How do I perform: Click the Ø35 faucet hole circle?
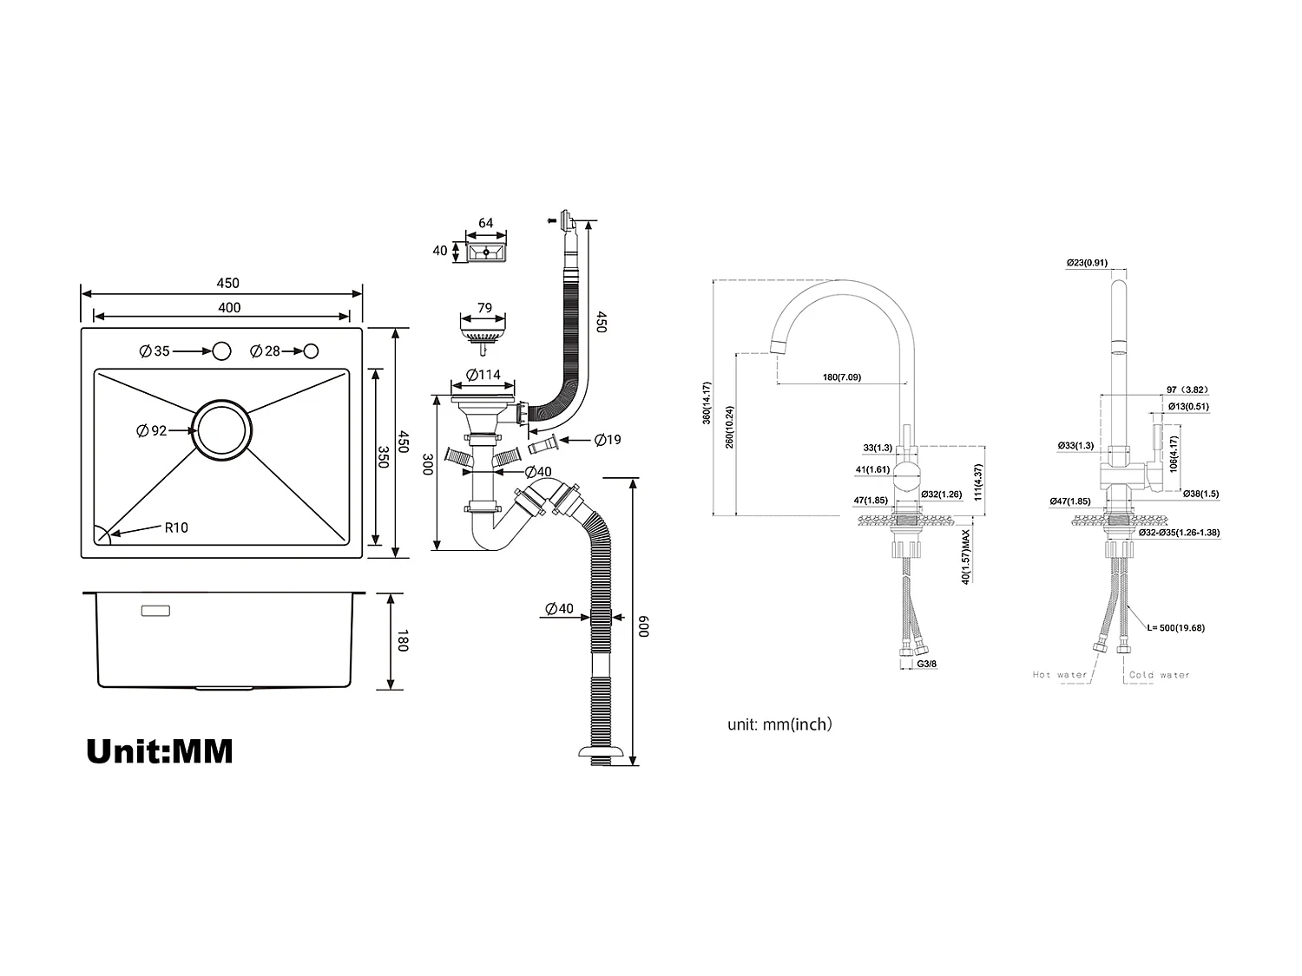[221, 350]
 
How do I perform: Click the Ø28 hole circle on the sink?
[311, 350]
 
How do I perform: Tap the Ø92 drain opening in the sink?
[223, 430]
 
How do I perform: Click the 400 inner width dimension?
[229, 307]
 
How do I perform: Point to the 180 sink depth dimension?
[401, 642]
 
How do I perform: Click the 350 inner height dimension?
[383, 457]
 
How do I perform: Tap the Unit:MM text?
[160, 750]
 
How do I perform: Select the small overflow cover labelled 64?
[486, 252]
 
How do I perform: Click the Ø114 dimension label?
[483, 375]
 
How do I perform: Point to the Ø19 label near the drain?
[608, 440]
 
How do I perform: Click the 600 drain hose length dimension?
[643, 626]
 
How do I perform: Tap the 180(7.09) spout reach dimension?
[841, 377]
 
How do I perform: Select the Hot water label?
[1059, 674]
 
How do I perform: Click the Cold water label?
[1159, 674]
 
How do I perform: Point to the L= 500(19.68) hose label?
[1175, 627]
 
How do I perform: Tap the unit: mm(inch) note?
[779, 724]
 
